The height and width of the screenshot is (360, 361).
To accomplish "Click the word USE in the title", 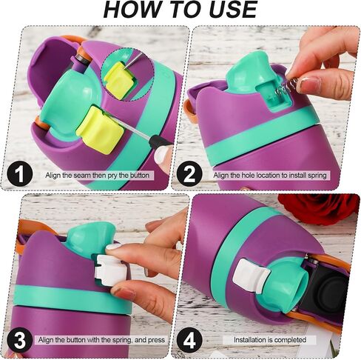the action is point(233,9).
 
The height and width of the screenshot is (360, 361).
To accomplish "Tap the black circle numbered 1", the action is point(19,174).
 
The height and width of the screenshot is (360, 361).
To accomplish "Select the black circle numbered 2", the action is point(189,174).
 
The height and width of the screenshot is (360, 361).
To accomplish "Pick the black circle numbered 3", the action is point(19,341).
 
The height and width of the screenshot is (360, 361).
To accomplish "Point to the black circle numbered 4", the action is point(189,341).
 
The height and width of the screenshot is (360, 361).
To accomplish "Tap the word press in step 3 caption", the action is point(156,340).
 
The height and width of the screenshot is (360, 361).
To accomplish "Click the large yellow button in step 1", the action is point(100,129).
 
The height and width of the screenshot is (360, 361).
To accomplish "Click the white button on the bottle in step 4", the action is point(250,275).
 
